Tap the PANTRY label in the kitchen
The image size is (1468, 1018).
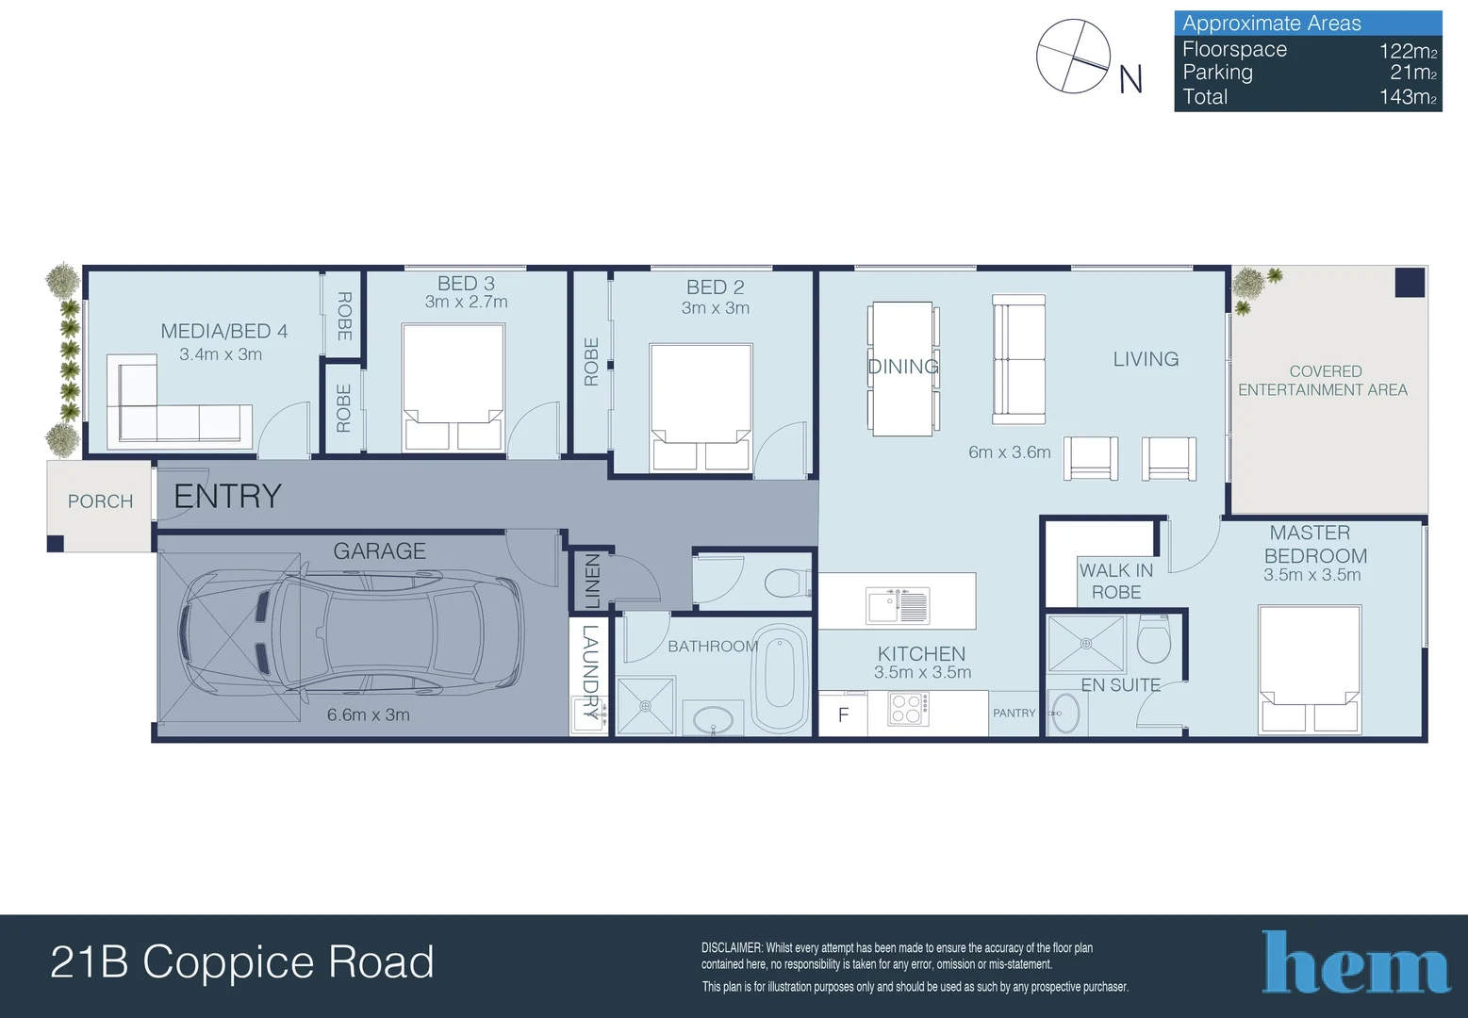(x=1014, y=713)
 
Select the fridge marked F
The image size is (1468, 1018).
(x=843, y=714)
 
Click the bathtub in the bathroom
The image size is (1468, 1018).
(x=780, y=678)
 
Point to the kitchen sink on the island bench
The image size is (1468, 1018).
(x=898, y=604)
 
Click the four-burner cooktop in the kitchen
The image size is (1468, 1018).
(x=908, y=709)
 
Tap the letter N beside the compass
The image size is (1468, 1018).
(x=1130, y=79)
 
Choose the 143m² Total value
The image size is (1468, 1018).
(x=1408, y=97)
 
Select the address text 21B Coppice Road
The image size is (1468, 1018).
(x=241, y=961)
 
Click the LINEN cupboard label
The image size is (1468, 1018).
(x=591, y=581)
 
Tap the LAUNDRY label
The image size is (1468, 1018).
(x=590, y=672)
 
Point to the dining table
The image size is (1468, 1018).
(x=903, y=369)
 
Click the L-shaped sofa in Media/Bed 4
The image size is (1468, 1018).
(x=179, y=402)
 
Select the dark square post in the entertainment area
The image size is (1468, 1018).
(x=1410, y=283)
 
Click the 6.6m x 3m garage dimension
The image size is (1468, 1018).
(x=369, y=714)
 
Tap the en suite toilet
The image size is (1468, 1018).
(x=1154, y=638)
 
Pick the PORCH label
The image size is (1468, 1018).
(x=100, y=501)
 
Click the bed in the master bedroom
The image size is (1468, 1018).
(x=1310, y=669)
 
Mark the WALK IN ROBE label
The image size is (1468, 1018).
(x=1116, y=581)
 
